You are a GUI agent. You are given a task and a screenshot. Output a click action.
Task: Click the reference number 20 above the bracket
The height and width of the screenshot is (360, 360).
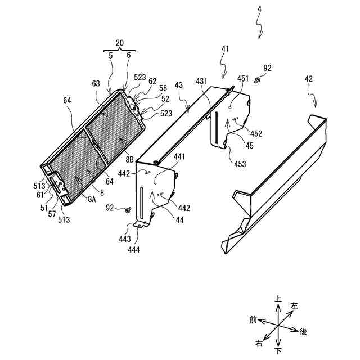coord(119,43)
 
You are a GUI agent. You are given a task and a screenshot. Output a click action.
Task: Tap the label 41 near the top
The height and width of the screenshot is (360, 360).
coord(226,49)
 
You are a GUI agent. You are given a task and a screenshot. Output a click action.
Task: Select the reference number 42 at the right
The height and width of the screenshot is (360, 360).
coord(309,79)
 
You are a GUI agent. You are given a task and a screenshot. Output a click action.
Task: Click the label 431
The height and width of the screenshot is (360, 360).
coord(202,80)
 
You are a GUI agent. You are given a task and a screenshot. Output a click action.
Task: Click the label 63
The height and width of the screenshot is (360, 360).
coord(97,84)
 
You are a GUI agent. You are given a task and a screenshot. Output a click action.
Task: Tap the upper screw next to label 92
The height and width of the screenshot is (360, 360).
coord(258,80)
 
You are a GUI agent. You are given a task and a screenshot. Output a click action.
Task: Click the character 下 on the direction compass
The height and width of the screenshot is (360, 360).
coord(278,352)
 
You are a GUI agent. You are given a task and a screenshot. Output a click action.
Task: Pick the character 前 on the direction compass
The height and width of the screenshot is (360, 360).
coord(253,319)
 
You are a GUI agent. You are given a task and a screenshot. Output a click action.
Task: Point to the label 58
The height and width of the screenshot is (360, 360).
coord(163,88)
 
